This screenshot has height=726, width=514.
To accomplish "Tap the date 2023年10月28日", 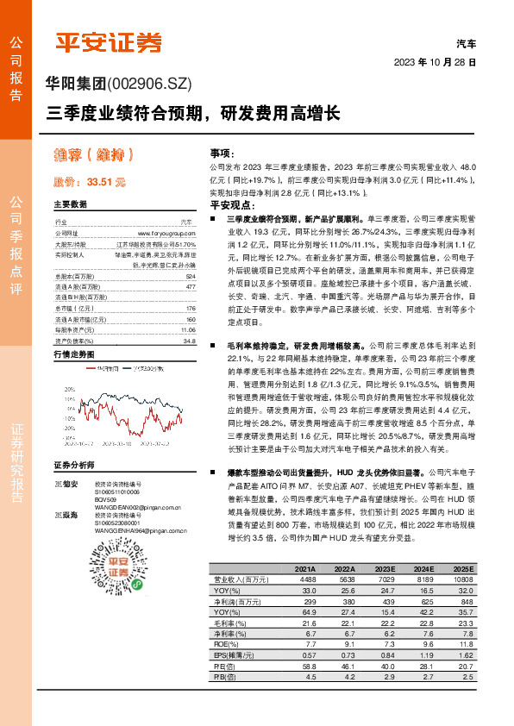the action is (435, 62).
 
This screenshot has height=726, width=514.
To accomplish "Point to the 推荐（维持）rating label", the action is (92, 155).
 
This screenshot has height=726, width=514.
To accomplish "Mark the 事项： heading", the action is (222, 152).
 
